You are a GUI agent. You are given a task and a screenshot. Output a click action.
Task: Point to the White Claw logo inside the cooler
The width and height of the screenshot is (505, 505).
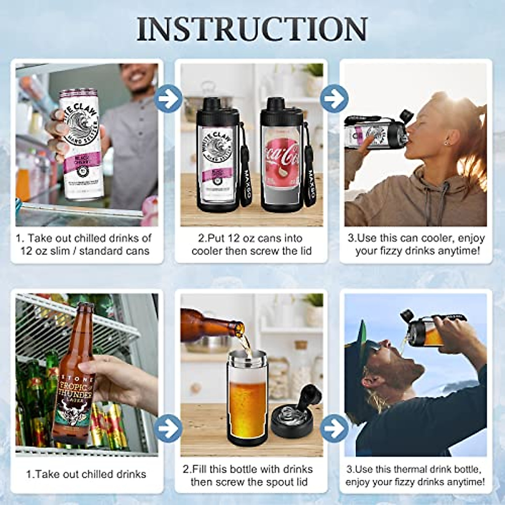218,150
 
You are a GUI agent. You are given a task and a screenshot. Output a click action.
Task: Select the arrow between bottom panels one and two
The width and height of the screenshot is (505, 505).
168,428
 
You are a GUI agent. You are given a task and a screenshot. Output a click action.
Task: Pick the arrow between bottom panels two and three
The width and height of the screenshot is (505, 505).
334,428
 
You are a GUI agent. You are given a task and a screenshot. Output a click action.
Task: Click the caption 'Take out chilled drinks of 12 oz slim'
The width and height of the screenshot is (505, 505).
84,245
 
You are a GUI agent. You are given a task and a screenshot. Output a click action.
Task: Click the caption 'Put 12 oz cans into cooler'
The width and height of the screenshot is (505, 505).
252,245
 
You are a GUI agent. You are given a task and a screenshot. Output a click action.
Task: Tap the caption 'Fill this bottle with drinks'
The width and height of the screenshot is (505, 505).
251,475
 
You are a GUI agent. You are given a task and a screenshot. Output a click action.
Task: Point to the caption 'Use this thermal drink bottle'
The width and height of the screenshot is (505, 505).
415,475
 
